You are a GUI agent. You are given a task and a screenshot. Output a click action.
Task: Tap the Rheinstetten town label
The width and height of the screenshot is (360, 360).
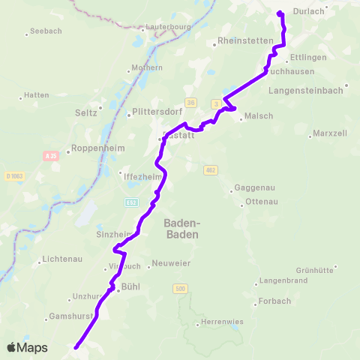coord(241,40)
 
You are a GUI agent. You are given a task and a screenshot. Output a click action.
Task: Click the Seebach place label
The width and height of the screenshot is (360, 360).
coord(42,32)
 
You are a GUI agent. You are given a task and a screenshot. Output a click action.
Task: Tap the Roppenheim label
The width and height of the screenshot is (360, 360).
coord(94,148)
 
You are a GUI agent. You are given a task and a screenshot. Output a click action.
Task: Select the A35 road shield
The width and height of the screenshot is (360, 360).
coord(51,156)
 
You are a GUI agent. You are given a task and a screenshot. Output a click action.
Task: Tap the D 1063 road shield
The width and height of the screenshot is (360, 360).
coord(14,175)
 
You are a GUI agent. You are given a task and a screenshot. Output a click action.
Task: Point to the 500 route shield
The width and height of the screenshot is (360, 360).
coord(179,288)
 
